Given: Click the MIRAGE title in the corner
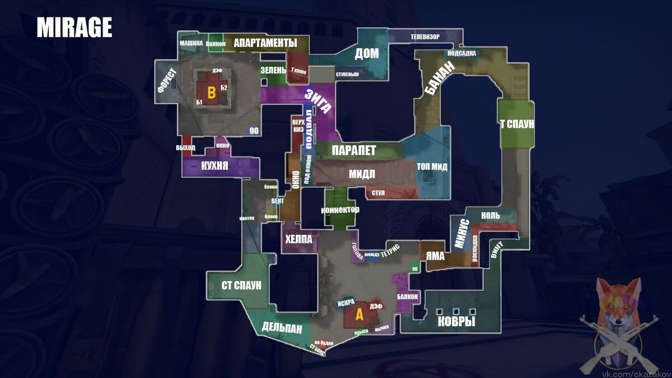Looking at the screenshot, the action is (74, 27).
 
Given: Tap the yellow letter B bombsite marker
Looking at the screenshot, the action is (211, 93).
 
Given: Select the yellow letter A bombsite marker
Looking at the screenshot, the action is (360, 315).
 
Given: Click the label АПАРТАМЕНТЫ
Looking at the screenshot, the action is (265, 43).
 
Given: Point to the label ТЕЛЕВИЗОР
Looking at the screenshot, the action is (425, 37).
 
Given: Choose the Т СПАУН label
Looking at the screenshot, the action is (516, 124).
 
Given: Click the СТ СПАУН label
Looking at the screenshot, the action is (241, 285).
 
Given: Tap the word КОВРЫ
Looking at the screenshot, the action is (456, 322).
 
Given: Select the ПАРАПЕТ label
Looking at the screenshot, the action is (353, 151).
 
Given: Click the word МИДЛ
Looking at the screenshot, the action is (362, 174).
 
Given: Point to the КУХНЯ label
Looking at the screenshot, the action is (214, 166).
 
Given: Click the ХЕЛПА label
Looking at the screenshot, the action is (298, 239).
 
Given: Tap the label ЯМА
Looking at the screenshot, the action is (435, 256).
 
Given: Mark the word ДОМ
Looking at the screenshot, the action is (367, 54).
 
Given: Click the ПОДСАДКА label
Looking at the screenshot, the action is (463, 54).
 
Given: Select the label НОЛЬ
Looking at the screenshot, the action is (491, 216).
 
